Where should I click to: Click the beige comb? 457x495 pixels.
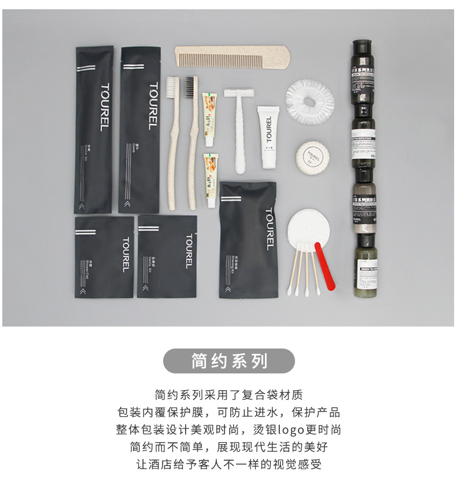[231, 57]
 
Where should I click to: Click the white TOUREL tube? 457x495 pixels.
[268, 137]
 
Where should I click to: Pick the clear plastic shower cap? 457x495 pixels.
[311, 100]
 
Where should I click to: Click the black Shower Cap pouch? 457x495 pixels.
[104, 256]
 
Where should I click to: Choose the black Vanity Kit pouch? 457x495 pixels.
[167, 256]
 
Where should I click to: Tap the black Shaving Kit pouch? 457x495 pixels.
[247, 239]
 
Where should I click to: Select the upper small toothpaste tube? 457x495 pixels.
[209, 119]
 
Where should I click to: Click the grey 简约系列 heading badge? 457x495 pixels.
[229, 361]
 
